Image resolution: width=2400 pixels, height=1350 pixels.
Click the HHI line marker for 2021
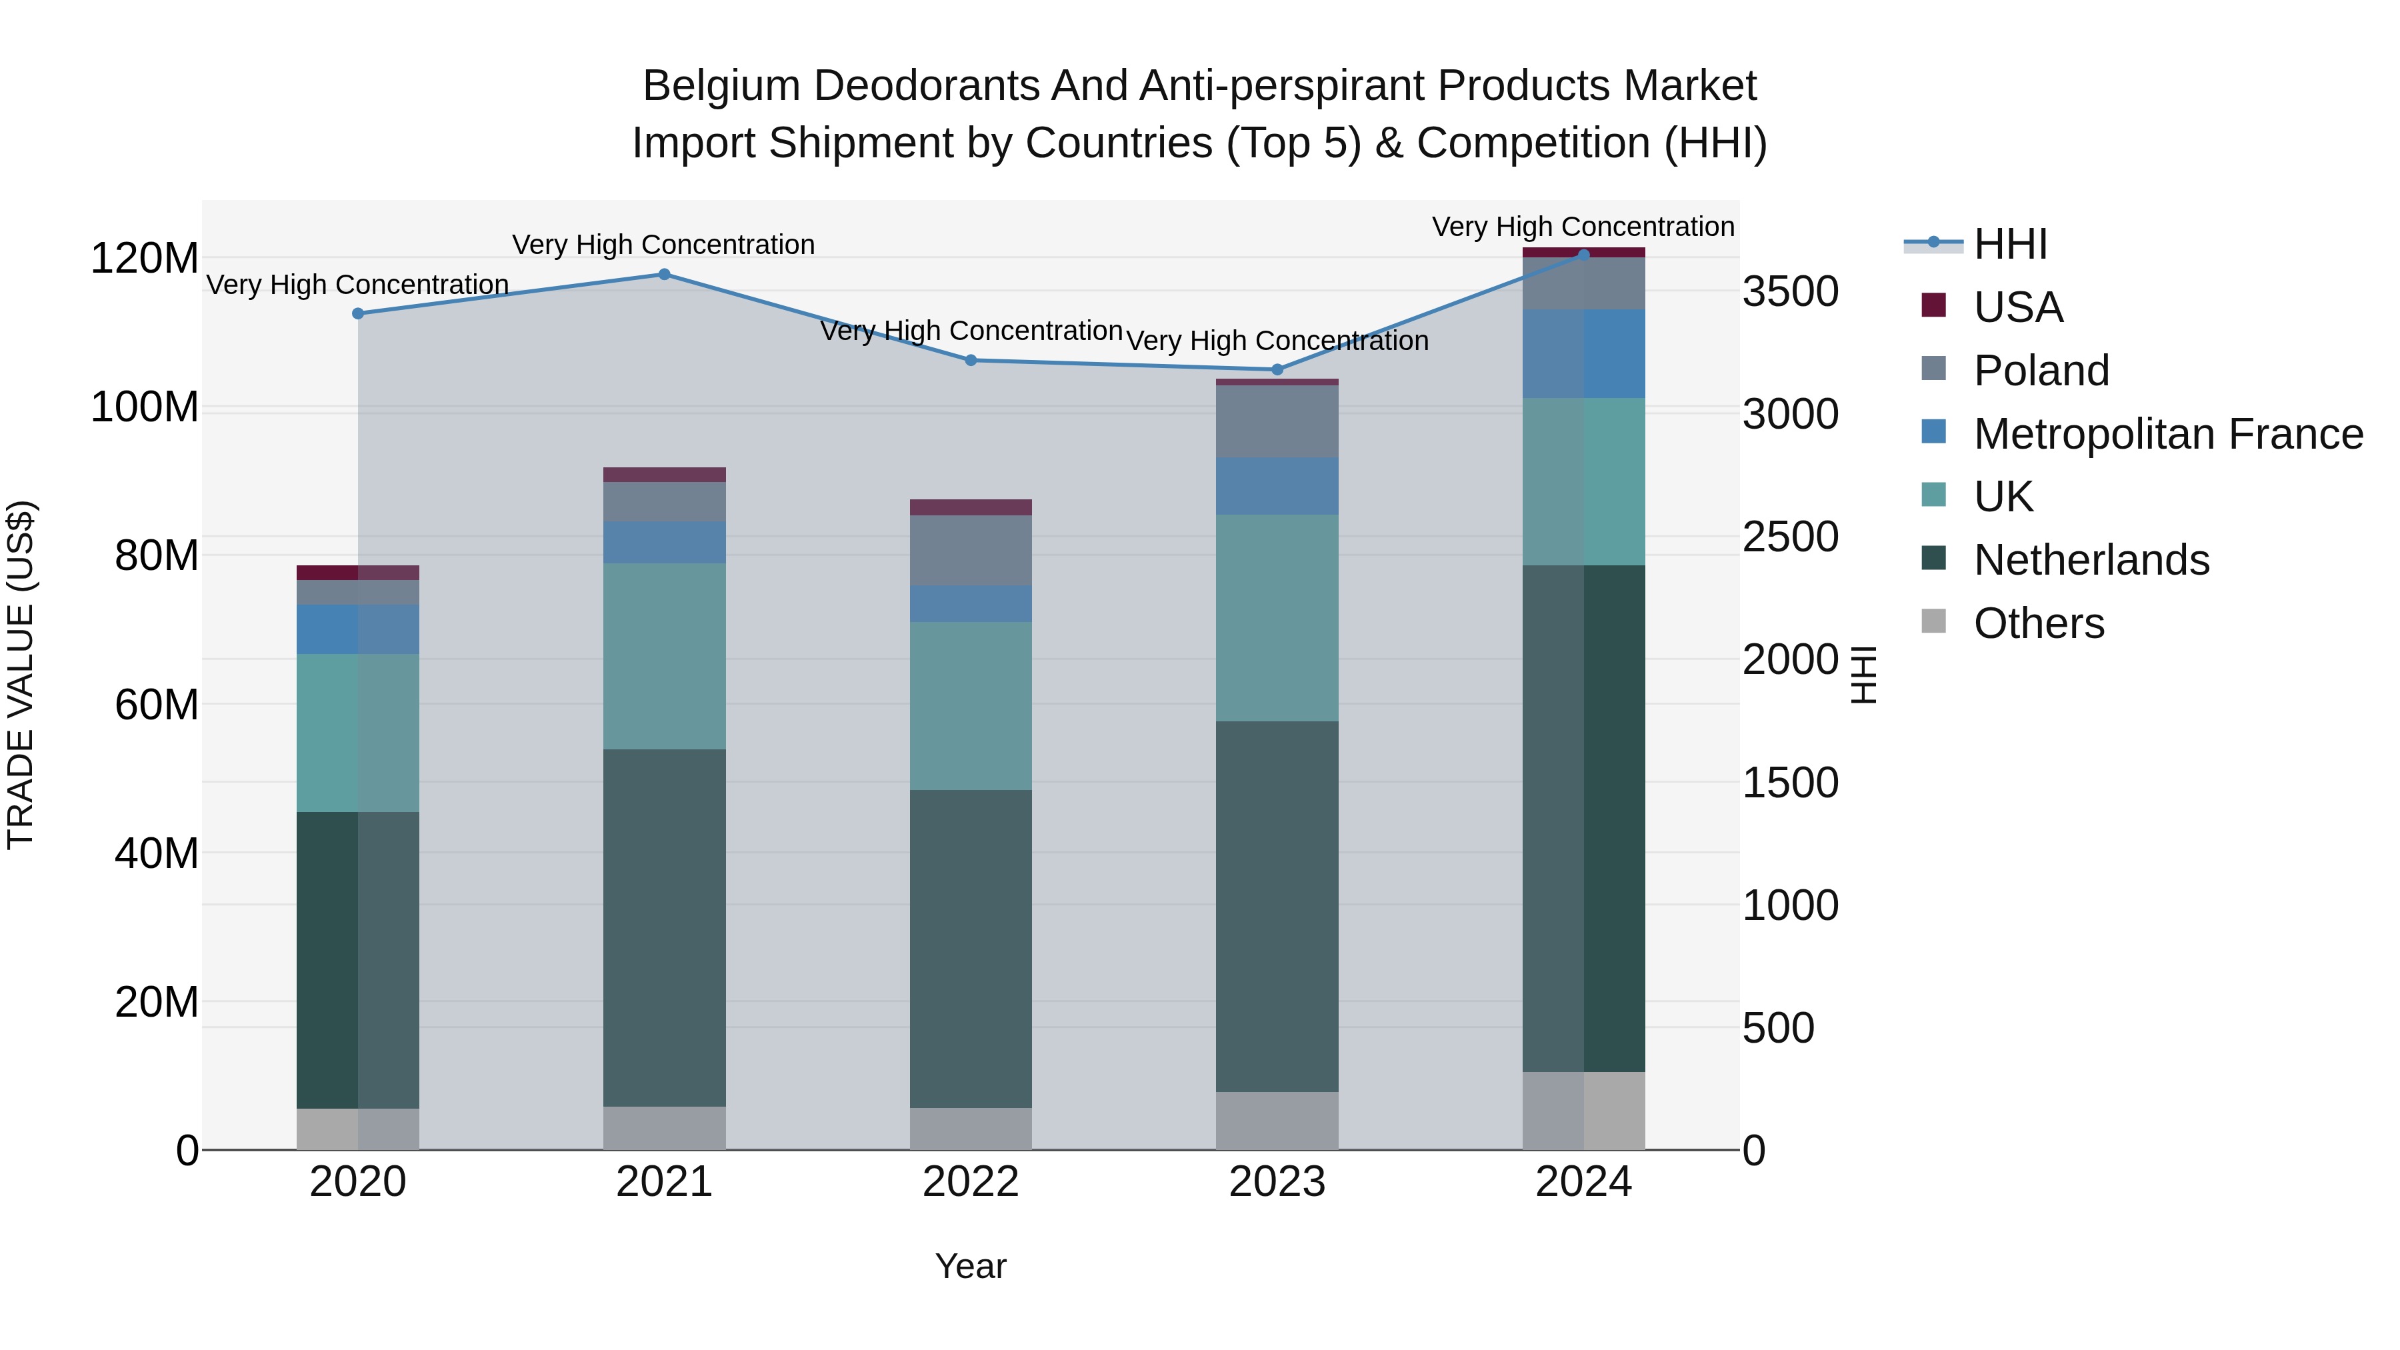(x=664, y=274)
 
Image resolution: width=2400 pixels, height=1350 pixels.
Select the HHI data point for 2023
(x=1277, y=370)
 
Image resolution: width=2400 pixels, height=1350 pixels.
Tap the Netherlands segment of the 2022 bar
(x=971, y=949)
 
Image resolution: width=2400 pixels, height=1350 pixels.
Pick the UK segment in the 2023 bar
(x=1277, y=618)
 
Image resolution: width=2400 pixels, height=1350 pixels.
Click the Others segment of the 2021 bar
(x=664, y=1127)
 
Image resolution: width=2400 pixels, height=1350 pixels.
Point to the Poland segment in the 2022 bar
(x=971, y=550)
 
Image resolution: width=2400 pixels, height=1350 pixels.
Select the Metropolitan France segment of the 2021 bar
(x=664, y=542)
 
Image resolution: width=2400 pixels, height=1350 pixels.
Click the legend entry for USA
(x=2017, y=307)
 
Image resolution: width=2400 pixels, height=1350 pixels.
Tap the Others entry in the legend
(x=2037, y=623)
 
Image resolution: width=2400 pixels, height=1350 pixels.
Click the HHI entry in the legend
(x=2009, y=244)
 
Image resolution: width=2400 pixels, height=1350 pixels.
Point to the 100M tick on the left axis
(x=145, y=408)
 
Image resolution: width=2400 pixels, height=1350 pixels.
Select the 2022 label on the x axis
(x=971, y=1182)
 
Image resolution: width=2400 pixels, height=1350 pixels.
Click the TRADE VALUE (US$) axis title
(x=21, y=675)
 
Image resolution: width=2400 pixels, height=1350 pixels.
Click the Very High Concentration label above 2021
(x=663, y=245)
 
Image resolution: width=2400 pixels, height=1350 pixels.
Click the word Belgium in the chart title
(x=722, y=87)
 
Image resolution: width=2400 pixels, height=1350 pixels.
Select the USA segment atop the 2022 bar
(x=971, y=507)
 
